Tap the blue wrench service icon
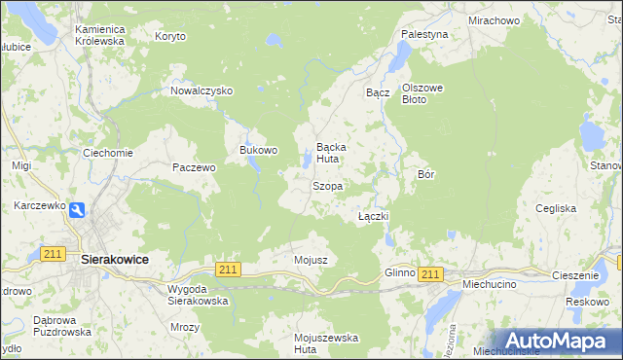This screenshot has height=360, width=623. click(x=77, y=209)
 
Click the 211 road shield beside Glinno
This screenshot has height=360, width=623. click(x=431, y=275)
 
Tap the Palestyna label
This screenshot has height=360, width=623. click(x=424, y=34)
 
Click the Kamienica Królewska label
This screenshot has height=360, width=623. click(x=100, y=36)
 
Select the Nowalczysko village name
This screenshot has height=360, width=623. click(x=202, y=90)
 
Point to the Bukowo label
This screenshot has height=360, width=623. click(x=259, y=151)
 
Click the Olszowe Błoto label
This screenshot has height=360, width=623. click(x=422, y=93)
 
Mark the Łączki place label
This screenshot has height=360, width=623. click(x=374, y=216)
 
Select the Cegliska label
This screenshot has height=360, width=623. click(x=556, y=208)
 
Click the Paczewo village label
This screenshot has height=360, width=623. click(x=193, y=167)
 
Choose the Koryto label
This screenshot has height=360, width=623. click(x=170, y=36)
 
